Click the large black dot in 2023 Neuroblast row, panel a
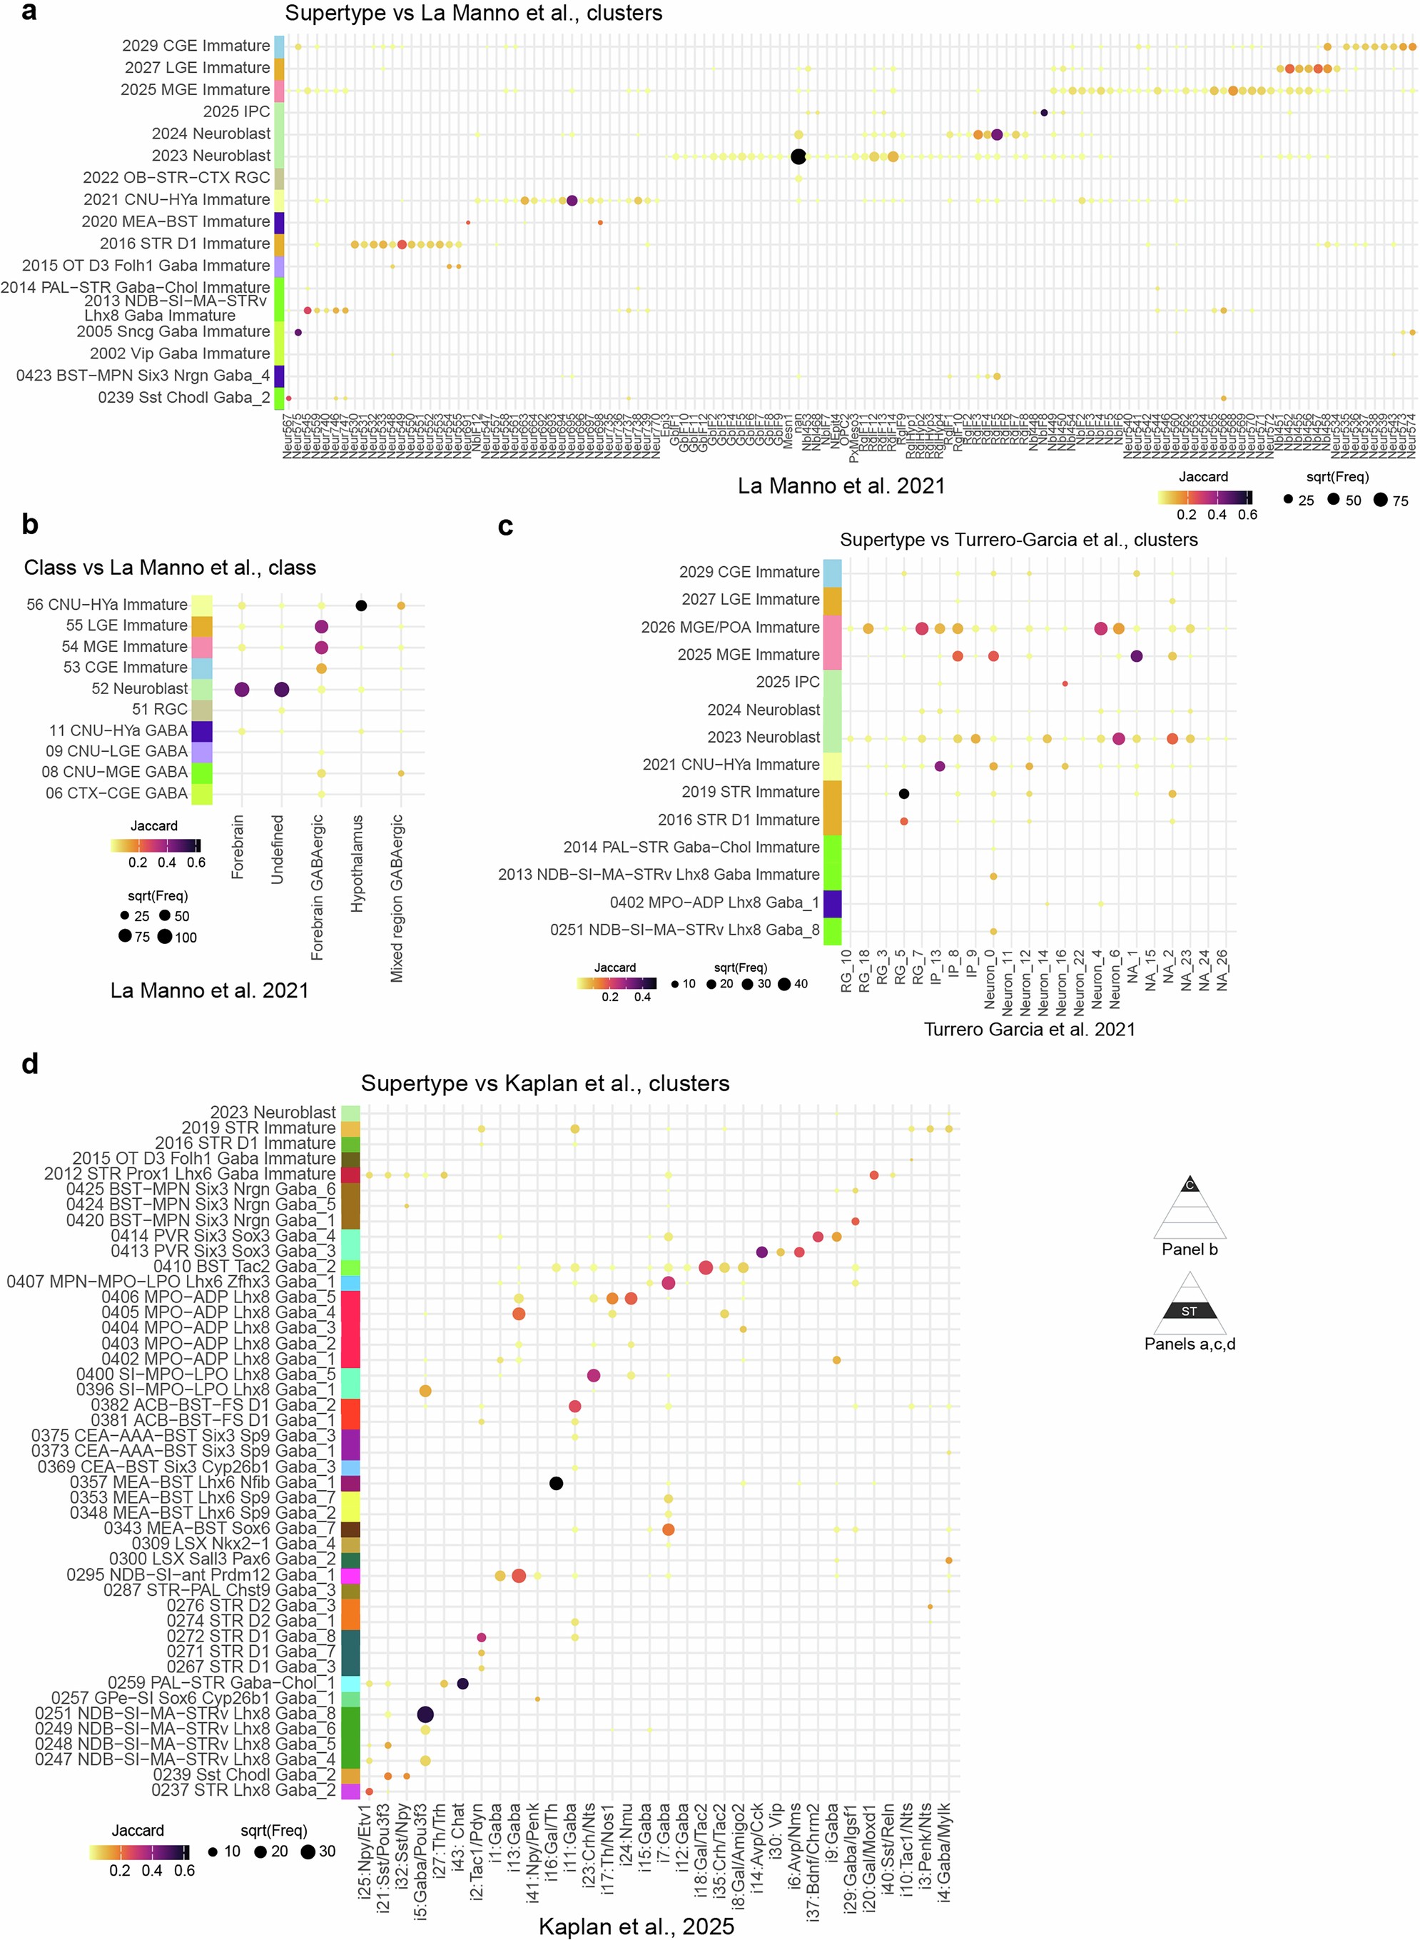coord(798,156)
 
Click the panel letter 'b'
coord(30,525)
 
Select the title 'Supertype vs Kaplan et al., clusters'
coord(545,1082)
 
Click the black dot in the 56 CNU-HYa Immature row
coord(361,606)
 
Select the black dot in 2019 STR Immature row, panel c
coord(903,794)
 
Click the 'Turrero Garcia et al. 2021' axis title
coord(1029,1030)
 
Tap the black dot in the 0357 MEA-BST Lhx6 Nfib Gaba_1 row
coord(556,1483)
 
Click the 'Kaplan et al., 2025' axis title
coord(636,1926)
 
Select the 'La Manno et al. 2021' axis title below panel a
coord(841,486)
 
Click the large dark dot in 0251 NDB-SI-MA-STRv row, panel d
coord(425,1714)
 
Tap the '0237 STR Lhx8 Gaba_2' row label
coord(244,1790)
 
